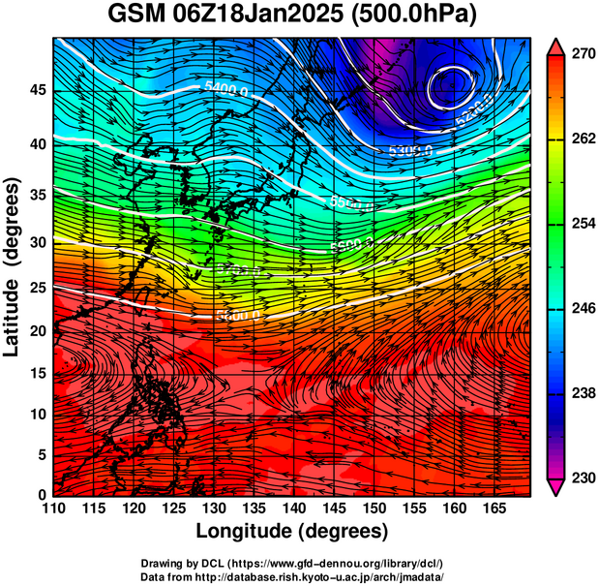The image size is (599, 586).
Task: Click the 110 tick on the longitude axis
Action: (x=53, y=509)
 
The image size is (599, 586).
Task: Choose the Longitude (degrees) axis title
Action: (x=292, y=531)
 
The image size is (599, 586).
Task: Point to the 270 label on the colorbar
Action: (x=580, y=56)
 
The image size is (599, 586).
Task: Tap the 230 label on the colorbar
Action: (x=580, y=478)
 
